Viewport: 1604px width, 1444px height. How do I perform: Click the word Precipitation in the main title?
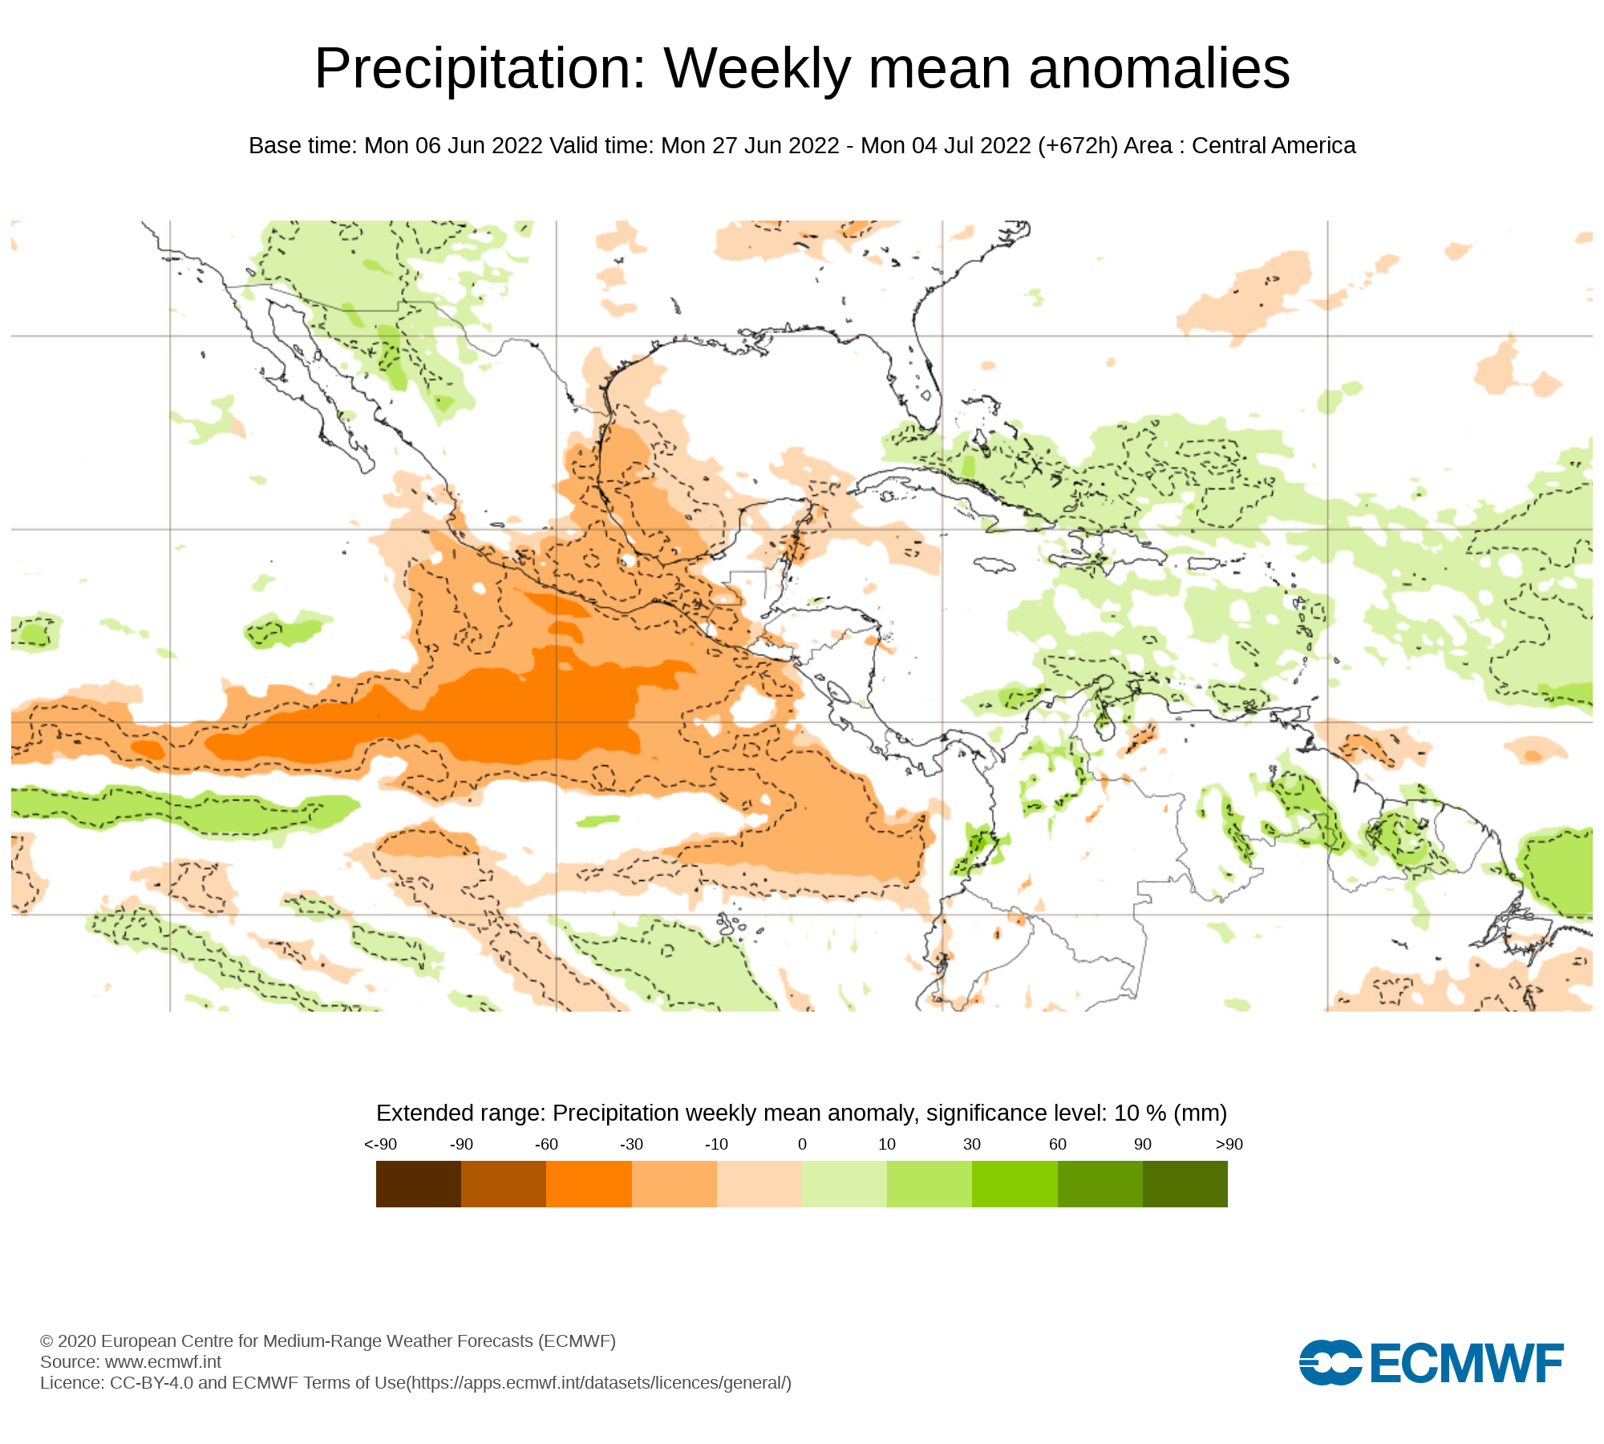(x=480, y=69)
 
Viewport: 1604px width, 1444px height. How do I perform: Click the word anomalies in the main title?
(x=1159, y=69)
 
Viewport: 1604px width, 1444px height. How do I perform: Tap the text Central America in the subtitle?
(x=1274, y=146)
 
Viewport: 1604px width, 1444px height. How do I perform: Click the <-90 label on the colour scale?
(x=380, y=1144)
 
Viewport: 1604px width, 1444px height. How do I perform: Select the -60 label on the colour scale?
(x=546, y=1144)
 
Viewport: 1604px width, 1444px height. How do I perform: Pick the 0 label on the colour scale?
(x=802, y=1144)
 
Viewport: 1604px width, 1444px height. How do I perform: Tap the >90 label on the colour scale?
(x=1229, y=1144)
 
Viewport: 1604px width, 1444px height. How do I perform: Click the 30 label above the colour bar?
(x=972, y=1144)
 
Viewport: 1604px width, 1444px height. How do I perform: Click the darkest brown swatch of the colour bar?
(x=419, y=1184)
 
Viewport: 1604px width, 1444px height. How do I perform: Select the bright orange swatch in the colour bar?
(x=589, y=1184)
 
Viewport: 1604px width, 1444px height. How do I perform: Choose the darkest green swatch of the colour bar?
(x=1185, y=1184)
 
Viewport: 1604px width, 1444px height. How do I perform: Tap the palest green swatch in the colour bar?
(x=844, y=1184)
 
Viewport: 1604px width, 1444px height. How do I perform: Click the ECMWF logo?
(x=1431, y=1362)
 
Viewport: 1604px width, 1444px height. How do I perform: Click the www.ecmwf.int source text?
(x=163, y=1361)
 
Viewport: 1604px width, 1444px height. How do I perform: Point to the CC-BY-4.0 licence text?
(x=152, y=1382)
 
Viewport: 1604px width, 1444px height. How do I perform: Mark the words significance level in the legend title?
(x=1016, y=1113)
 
